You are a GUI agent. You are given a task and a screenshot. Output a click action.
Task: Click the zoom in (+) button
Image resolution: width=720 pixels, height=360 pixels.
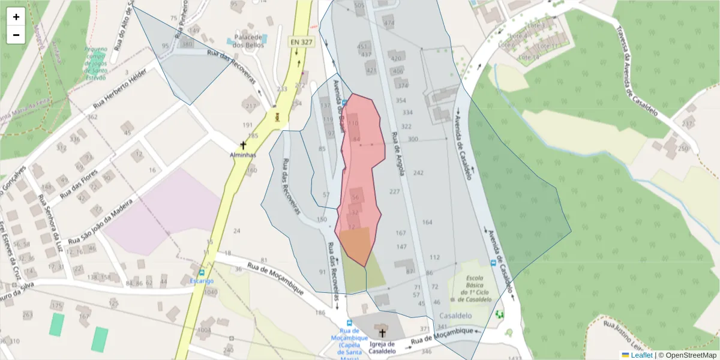pyautogui.click(x=16, y=17)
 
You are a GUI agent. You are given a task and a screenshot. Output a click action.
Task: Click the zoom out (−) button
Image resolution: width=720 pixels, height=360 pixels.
pyautogui.click(x=16, y=35)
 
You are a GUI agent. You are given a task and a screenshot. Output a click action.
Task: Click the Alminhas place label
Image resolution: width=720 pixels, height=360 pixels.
pyautogui.click(x=243, y=155)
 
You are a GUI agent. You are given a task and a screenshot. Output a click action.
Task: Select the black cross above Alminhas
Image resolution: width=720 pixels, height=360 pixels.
pyautogui.click(x=243, y=145)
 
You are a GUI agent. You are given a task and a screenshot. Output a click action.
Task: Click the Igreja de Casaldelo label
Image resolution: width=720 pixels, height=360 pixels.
pyautogui.click(x=383, y=347)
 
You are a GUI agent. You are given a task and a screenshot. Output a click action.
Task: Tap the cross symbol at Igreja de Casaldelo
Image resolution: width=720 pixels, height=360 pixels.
pyautogui.click(x=382, y=332)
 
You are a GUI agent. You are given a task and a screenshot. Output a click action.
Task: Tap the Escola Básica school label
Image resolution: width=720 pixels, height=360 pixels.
pyautogui.click(x=475, y=289)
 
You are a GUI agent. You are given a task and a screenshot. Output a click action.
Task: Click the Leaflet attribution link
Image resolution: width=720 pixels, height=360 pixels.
pyautogui.click(x=641, y=355)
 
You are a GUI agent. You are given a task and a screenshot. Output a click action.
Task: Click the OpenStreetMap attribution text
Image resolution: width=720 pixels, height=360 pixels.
pyautogui.click(x=687, y=355)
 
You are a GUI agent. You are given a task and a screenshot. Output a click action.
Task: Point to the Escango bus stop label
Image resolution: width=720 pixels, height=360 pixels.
pyautogui.click(x=202, y=281)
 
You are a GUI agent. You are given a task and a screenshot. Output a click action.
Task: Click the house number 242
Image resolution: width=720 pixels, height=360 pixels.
pyautogui.click(x=418, y=173)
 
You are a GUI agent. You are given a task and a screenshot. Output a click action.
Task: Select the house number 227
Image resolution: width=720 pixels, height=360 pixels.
pyautogui.click(x=394, y=191)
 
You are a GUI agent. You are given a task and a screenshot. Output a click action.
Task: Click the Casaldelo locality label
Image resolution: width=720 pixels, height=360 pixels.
pyautogui.click(x=456, y=316)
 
